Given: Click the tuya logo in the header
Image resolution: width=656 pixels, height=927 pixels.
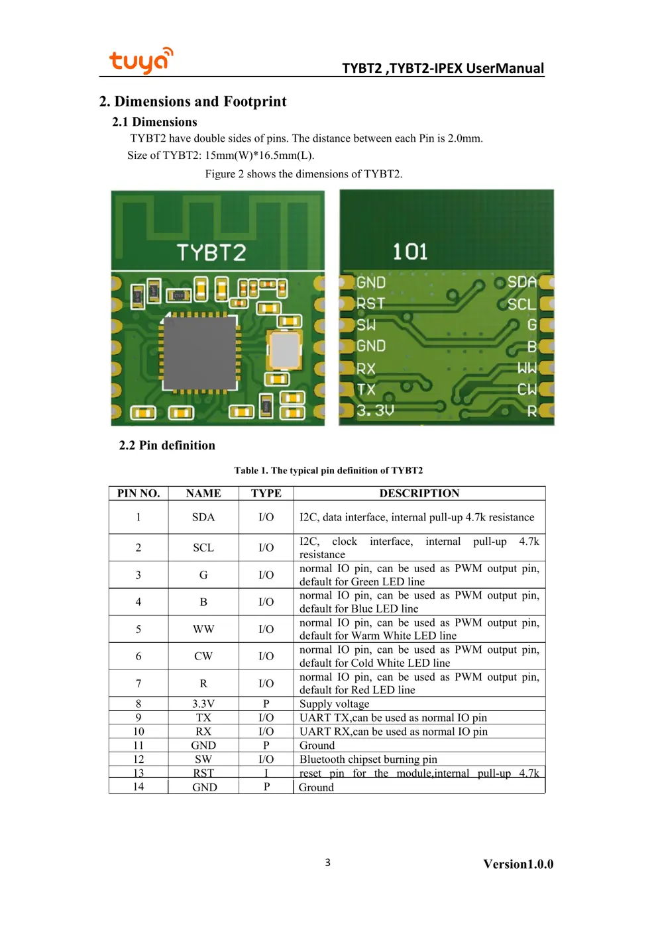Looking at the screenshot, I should [140, 61].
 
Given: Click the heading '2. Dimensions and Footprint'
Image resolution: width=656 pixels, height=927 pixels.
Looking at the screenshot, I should [193, 101].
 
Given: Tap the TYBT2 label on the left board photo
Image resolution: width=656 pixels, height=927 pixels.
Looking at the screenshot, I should [211, 252].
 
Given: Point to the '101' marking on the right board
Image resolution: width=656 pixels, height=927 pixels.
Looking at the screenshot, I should [410, 252].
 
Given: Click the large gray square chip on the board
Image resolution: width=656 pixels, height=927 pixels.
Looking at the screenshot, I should [200, 352].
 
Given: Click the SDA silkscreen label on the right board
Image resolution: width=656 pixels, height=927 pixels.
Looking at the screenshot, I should [521, 283].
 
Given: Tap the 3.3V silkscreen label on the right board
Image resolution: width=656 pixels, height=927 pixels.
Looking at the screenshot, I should [375, 411].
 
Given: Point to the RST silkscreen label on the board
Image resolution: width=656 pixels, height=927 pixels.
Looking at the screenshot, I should [370, 304].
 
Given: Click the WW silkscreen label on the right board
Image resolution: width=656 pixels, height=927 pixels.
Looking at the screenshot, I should [527, 367].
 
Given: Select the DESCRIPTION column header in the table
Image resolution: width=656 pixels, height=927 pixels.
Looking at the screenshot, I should [419, 493].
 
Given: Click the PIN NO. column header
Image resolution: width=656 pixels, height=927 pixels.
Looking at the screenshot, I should [138, 493].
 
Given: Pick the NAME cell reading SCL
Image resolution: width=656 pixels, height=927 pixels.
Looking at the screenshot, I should [203, 548].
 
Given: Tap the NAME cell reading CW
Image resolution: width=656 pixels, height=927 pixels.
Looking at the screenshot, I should [203, 656].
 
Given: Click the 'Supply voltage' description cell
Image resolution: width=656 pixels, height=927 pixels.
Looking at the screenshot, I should [335, 704].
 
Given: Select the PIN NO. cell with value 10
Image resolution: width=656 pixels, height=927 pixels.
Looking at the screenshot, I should [138, 732].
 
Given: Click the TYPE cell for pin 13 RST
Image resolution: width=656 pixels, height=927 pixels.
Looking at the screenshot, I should [266, 773].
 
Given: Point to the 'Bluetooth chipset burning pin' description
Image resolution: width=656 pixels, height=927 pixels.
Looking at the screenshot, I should [368, 759].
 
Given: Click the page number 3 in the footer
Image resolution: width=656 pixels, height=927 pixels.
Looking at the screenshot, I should [327, 862].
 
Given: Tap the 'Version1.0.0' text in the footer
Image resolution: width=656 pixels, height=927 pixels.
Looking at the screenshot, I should [518, 864].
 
